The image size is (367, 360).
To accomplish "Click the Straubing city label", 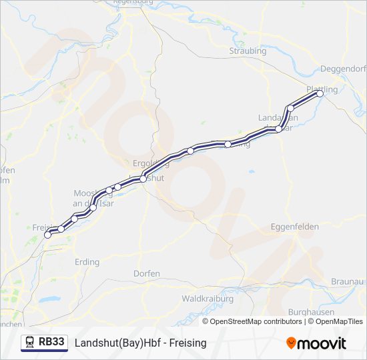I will click(x=248, y=51).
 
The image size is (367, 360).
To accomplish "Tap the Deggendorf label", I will click(x=343, y=68).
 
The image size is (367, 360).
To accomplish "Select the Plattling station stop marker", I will click(x=320, y=93).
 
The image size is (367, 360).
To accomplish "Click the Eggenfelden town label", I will click(x=295, y=227).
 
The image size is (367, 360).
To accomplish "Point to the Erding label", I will click(x=87, y=261).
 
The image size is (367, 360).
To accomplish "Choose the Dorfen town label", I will click(x=146, y=273).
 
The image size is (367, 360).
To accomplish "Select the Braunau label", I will click(x=349, y=281).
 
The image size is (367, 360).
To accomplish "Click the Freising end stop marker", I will click(x=47, y=235).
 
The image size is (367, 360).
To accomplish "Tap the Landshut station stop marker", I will click(x=143, y=179).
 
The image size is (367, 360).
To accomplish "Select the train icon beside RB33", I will click(x=30, y=343).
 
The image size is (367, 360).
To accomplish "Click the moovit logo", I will click(x=316, y=343).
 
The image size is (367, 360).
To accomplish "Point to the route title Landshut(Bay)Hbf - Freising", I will click(x=141, y=343).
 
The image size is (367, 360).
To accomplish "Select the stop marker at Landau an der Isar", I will click(x=279, y=129).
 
